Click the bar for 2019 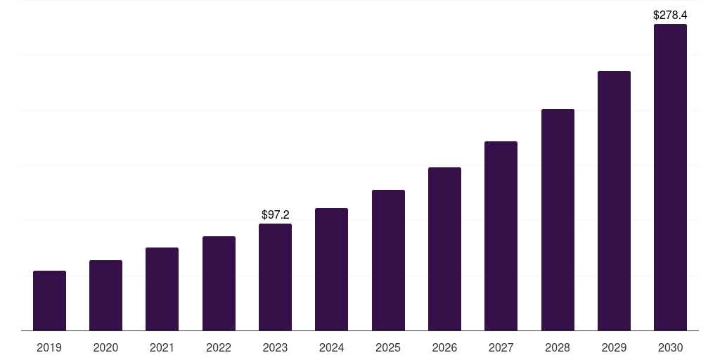pyautogui.click(x=49, y=301)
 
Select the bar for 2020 pyautogui.click(x=105, y=295)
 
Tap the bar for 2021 pyautogui.click(x=162, y=289)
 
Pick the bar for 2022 pyautogui.click(x=219, y=283)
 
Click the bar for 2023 pyautogui.click(x=275, y=277)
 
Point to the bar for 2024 pyautogui.click(x=331, y=269)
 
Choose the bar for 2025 pyautogui.click(x=388, y=260)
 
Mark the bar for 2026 pyautogui.click(x=444, y=249)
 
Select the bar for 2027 pyautogui.click(x=501, y=236)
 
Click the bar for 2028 pyautogui.click(x=558, y=220)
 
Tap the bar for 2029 pyautogui.click(x=614, y=201)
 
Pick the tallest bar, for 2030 pyautogui.click(x=670, y=177)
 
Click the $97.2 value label pyautogui.click(x=275, y=214)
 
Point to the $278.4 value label pyautogui.click(x=670, y=15)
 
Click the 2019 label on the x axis pyautogui.click(x=49, y=347)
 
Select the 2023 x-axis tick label pyautogui.click(x=275, y=347)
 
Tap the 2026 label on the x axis pyautogui.click(x=444, y=347)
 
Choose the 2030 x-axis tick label pyautogui.click(x=670, y=347)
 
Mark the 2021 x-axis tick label pyautogui.click(x=162, y=347)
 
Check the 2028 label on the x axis pyautogui.click(x=558, y=347)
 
